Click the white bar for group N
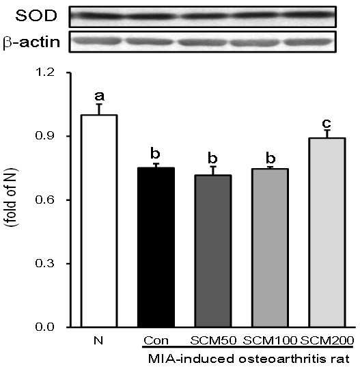click(99, 221)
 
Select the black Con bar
click(156, 247)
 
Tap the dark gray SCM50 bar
click(213, 251)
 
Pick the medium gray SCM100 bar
click(271, 247)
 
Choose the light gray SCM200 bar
click(327, 232)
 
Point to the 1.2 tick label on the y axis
click(44, 72)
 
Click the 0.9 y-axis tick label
click(44, 136)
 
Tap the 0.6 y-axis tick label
click(44, 200)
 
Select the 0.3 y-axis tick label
click(44, 263)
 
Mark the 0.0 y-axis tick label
click(44, 327)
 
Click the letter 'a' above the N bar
click(100, 96)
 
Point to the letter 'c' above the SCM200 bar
click(327, 122)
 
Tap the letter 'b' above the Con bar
click(155, 153)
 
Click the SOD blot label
click(36, 16)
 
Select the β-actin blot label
click(31, 42)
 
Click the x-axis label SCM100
click(270, 340)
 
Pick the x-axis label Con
click(156, 340)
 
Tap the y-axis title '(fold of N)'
click(11, 198)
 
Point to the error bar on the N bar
click(100, 109)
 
